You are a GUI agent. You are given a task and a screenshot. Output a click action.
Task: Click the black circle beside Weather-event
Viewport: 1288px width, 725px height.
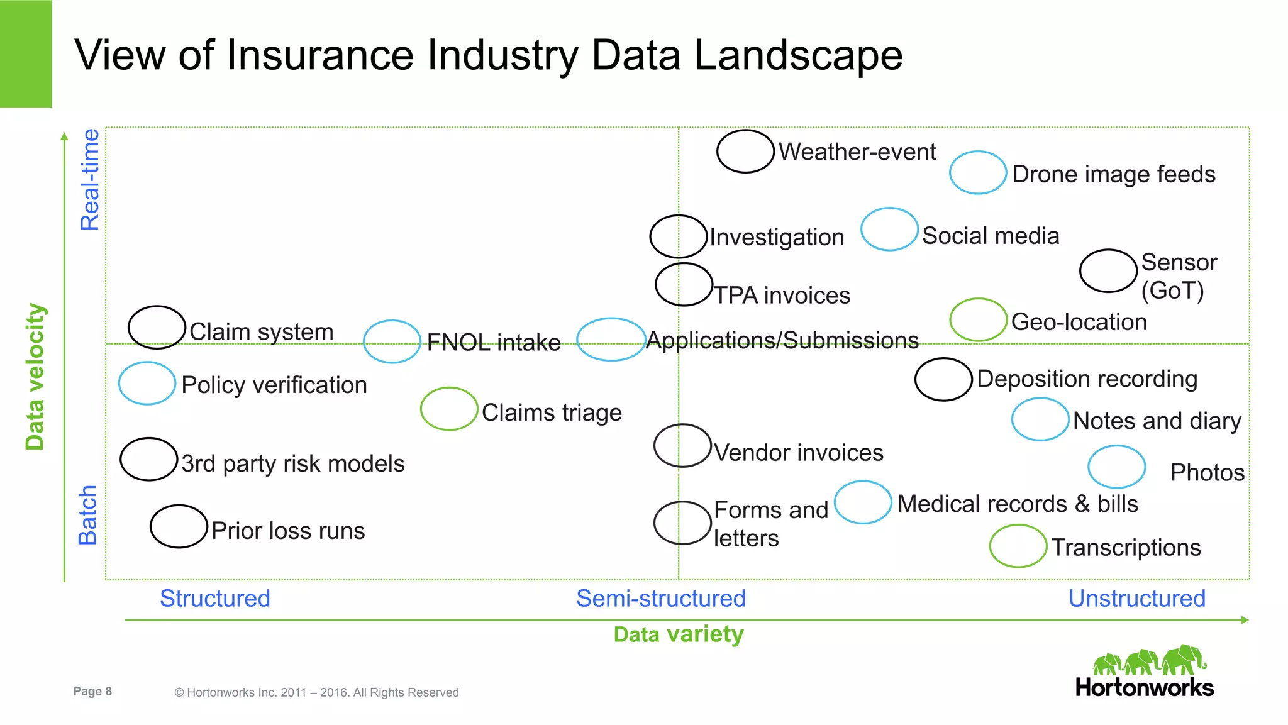[x=745, y=152]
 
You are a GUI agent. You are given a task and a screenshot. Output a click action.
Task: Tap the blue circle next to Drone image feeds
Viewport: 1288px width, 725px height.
[x=978, y=173]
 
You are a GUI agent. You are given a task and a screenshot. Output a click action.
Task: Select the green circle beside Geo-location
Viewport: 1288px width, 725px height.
[x=979, y=320]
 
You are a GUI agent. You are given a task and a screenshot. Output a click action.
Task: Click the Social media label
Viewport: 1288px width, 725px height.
[x=991, y=236]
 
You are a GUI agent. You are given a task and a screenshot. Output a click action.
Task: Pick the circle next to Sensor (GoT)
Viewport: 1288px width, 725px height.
[x=1108, y=271]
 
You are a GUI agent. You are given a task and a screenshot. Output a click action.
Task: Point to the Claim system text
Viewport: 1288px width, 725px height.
[x=261, y=331]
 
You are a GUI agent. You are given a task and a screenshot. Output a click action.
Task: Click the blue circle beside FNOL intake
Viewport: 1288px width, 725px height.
[x=392, y=341]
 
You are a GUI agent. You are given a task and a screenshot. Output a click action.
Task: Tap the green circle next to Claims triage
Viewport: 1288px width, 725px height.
[x=449, y=409]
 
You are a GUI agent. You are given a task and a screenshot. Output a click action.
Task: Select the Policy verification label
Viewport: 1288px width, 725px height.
[x=274, y=385]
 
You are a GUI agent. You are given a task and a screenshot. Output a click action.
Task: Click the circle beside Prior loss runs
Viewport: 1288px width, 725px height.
[x=179, y=526]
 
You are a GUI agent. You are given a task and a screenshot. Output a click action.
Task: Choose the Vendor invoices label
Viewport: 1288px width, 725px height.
[x=799, y=453]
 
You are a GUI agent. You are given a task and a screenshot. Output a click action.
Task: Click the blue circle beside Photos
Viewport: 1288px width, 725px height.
[x=1116, y=467]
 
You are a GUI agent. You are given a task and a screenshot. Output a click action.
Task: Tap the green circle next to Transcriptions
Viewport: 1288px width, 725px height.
[x=1018, y=546]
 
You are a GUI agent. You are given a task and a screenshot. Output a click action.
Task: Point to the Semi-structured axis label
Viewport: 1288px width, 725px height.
[x=660, y=598]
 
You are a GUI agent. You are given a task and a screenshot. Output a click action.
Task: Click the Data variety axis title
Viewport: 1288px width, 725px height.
[x=679, y=634]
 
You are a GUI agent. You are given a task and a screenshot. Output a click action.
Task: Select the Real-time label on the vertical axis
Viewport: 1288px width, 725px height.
[x=90, y=180]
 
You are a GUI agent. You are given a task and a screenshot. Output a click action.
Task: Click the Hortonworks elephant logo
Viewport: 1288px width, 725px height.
[x=1149, y=660]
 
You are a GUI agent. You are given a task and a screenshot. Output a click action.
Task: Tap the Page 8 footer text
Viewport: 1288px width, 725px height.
[x=92, y=691]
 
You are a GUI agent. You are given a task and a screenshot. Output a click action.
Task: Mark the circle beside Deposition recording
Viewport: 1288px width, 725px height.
[x=943, y=379]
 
